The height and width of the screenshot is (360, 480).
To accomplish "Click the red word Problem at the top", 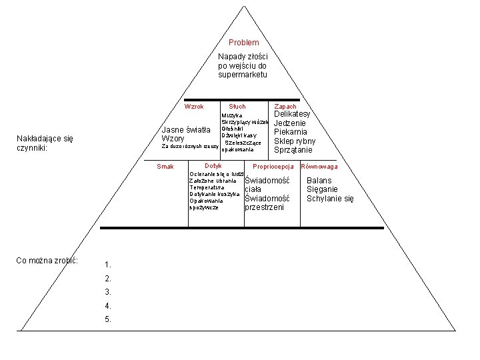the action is coord(243,43).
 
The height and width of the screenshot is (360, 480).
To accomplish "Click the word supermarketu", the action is coord(242,75).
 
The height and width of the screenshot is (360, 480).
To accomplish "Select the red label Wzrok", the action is coord(194,107).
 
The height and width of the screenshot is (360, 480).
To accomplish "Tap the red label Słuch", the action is coord(237,107).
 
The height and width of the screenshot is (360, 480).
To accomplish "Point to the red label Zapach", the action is coord(285,107).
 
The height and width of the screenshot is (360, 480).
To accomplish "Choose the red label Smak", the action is coord(165,167).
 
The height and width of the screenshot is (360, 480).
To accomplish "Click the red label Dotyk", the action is coord(213,165).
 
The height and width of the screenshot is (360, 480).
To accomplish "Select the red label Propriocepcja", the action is coord(273,167).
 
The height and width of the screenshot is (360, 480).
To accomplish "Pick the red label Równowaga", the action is coord(319,167).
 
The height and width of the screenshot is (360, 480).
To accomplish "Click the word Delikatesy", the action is coord(293,115).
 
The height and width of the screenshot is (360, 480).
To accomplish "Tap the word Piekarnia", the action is coord(291,132).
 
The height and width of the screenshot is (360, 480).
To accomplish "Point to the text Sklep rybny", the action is coord(295,141).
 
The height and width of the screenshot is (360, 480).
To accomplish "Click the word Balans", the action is coord(319,181).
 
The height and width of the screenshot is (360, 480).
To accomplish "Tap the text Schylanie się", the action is coord(330,199).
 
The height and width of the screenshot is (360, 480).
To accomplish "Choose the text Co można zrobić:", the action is coord(47,260).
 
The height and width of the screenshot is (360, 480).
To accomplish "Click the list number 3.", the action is coord(108,292).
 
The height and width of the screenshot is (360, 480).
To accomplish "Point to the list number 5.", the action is coord(108,319).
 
